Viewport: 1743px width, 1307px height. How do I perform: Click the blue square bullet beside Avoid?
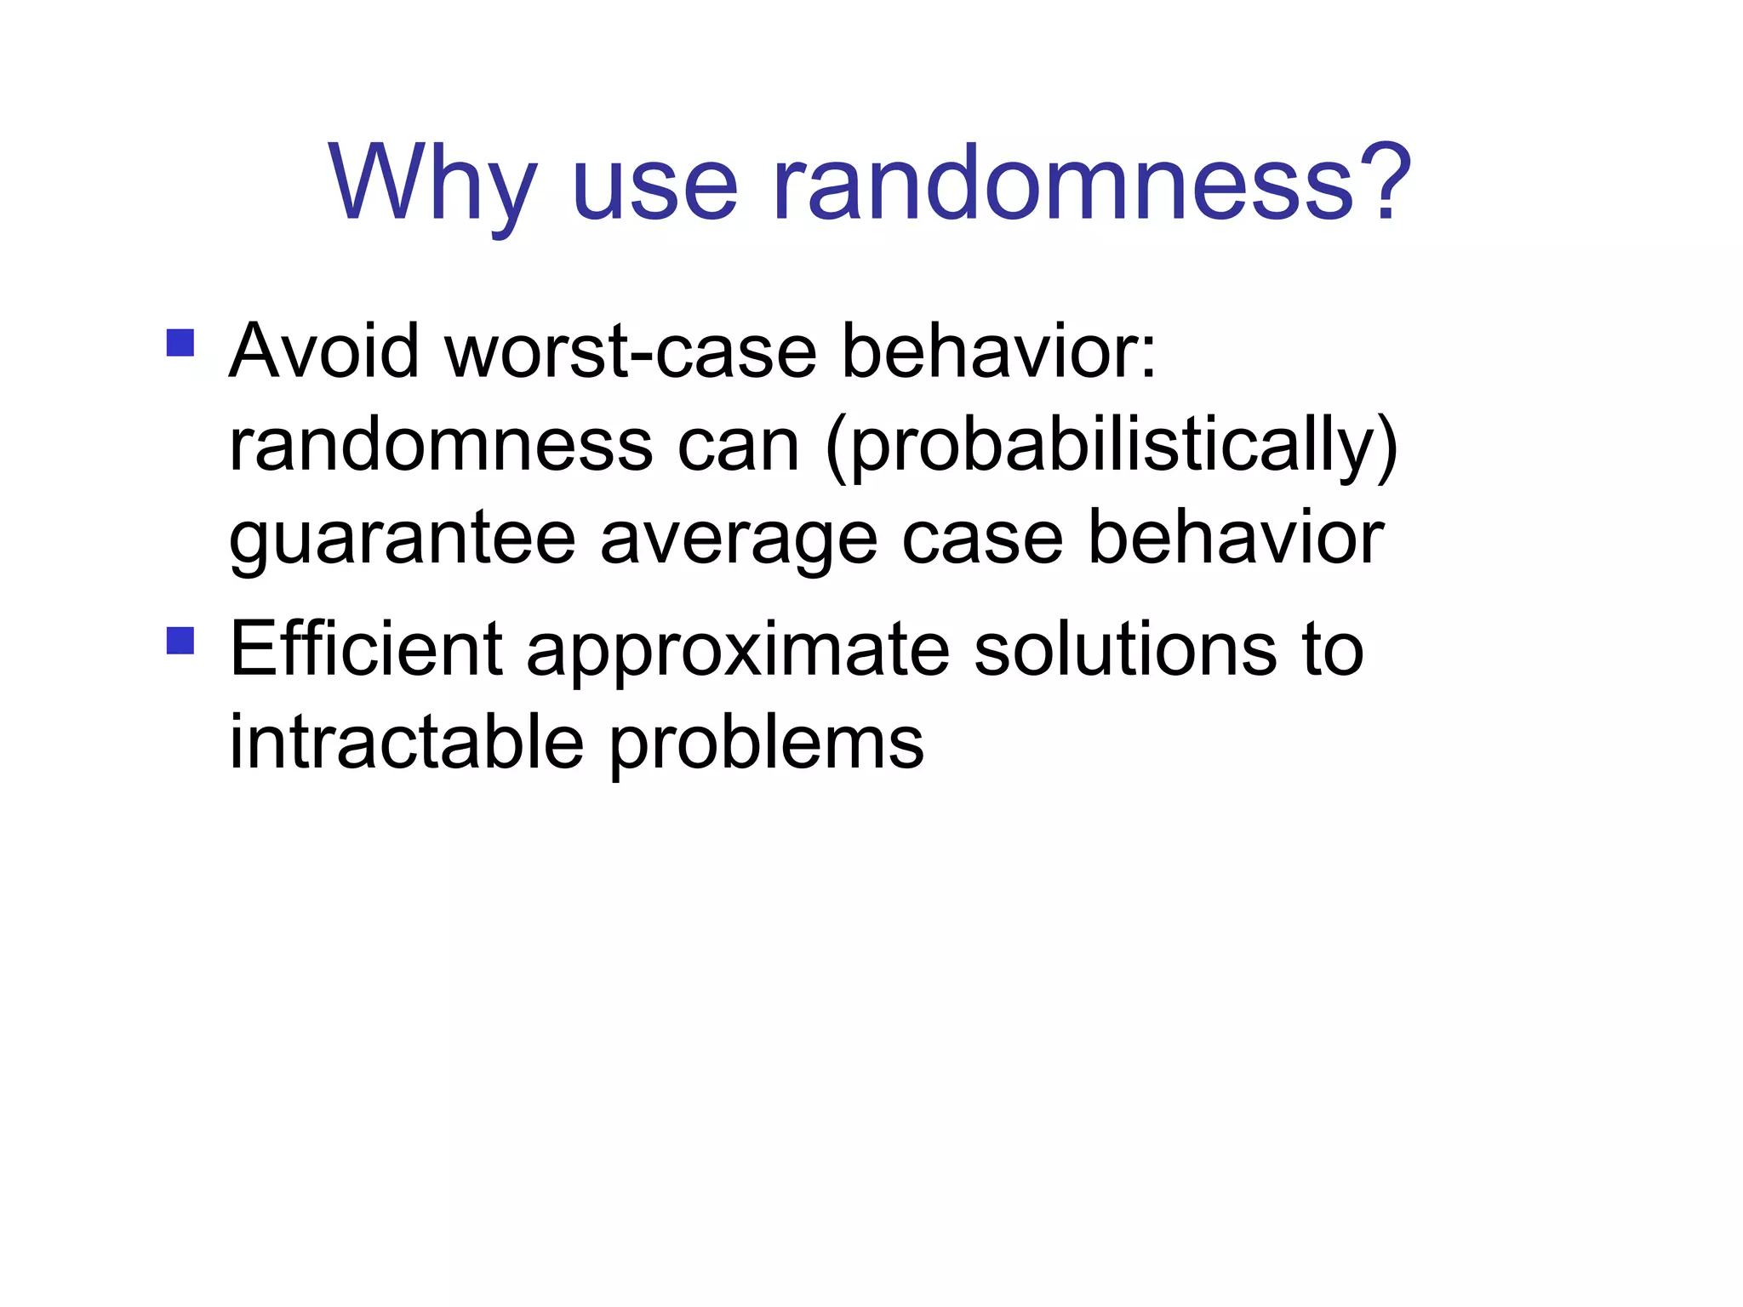tap(180, 343)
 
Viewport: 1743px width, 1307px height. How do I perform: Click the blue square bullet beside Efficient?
tap(180, 640)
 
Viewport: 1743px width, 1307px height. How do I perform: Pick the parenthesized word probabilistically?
tap(1112, 448)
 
